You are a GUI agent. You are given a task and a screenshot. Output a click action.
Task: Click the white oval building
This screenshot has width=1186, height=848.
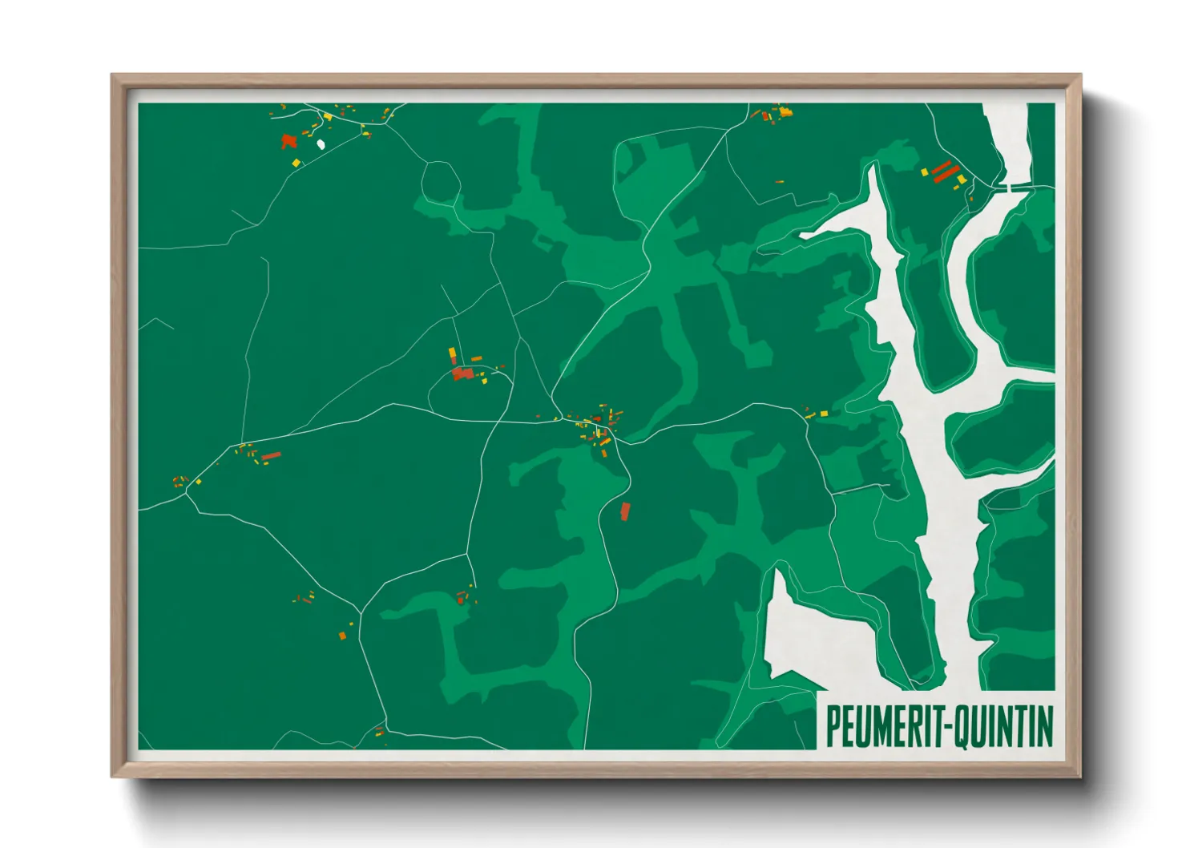click(x=321, y=144)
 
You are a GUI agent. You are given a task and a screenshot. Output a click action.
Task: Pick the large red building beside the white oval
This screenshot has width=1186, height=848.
click(x=288, y=142)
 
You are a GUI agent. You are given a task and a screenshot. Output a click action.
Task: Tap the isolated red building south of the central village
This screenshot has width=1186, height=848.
click(x=625, y=511)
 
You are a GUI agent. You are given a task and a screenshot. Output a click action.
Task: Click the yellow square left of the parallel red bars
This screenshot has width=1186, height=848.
click(x=924, y=171)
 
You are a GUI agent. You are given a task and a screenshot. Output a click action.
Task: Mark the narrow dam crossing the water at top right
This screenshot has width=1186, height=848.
click(x=1014, y=188)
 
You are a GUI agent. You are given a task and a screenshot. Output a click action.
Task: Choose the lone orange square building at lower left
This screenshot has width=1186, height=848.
click(x=342, y=636)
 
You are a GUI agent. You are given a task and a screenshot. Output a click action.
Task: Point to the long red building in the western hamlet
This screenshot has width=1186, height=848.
click(x=272, y=456)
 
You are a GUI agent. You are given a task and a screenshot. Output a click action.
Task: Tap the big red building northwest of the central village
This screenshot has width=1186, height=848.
click(x=462, y=373)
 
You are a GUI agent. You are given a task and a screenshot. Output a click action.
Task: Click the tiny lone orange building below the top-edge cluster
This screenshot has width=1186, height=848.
click(x=779, y=182)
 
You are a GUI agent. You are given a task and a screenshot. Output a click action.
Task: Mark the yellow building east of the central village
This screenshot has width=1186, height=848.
click(x=823, y=414)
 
